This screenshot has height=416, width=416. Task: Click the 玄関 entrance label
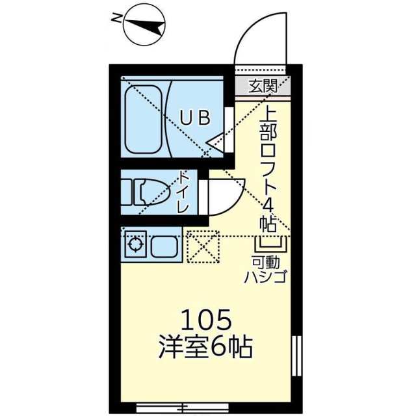pyautogui.click(x=263, y=84)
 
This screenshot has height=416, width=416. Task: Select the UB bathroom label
pyautogui.click(x=194, y=118)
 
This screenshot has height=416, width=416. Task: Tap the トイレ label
pyautogui.click(x=183, y=192)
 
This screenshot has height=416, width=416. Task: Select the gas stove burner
pyautogui.click(x=135, y=246)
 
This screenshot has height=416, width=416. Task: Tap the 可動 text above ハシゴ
pyautogui.click(x=266, y=263)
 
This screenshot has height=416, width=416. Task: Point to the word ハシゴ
pyautogui.click(x=266, y=278)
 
